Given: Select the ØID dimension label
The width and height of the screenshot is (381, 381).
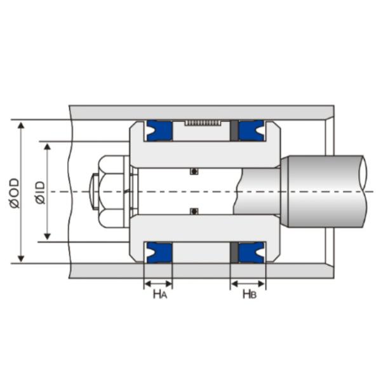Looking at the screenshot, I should point(39,192).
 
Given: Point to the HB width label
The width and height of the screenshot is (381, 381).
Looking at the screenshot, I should point(249,293).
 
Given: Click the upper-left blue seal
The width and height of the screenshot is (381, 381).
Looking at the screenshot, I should point(158,130).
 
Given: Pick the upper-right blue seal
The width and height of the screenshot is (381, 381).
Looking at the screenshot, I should point(251,130).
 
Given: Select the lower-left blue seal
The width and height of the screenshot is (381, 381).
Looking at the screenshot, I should point(158,252).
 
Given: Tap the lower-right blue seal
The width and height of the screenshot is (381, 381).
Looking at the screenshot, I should point(251,252).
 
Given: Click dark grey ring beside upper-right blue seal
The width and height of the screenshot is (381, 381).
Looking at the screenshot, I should point(234,130).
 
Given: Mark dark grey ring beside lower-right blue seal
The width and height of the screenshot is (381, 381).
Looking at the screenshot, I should point(234,252).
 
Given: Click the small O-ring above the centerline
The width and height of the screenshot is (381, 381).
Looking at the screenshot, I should point(194,171).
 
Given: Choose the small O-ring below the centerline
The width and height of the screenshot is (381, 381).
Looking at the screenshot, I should point(194,211).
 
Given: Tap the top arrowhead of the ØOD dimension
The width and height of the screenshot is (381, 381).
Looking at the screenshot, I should point(22,124).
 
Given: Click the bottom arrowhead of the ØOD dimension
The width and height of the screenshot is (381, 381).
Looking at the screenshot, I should point(22,258).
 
